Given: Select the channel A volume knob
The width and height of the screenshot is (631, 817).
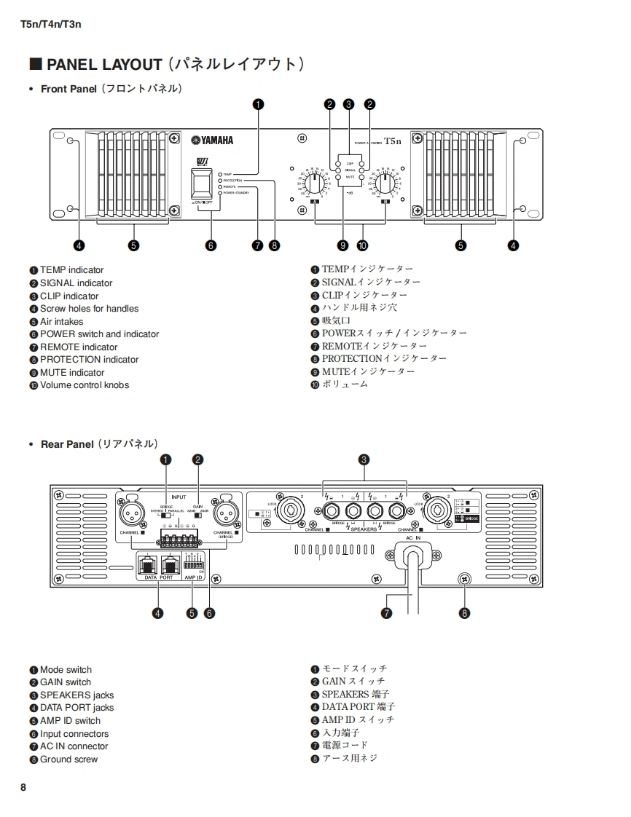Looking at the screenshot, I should click(313, 182).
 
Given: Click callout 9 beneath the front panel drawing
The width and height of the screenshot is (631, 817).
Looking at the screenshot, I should click(342, 245).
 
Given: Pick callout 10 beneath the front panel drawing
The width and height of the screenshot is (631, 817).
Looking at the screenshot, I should click(362, 245).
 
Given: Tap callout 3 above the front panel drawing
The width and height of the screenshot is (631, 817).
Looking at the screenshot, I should click(349, 104).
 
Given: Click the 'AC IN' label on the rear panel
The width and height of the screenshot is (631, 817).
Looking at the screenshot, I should click(413, 537).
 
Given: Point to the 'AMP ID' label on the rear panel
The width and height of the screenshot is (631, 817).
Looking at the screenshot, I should click(192, 577).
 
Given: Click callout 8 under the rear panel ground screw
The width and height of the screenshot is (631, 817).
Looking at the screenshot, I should click(465, 613).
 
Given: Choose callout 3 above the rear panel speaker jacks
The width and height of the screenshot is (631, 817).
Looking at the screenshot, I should click(364, 459).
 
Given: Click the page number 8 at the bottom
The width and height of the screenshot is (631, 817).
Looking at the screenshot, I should click(23, 787).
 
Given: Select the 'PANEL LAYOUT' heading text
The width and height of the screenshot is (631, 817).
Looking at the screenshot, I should click(104, 65).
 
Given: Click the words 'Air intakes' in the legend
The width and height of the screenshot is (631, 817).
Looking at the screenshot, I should click(61, 321).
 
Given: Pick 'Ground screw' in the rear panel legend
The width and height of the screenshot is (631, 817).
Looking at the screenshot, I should click(68, 759).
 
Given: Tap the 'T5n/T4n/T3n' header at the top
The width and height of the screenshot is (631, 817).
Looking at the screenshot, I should click(51, 24).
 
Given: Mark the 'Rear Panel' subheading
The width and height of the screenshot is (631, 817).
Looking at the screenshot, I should click(67, 443).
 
